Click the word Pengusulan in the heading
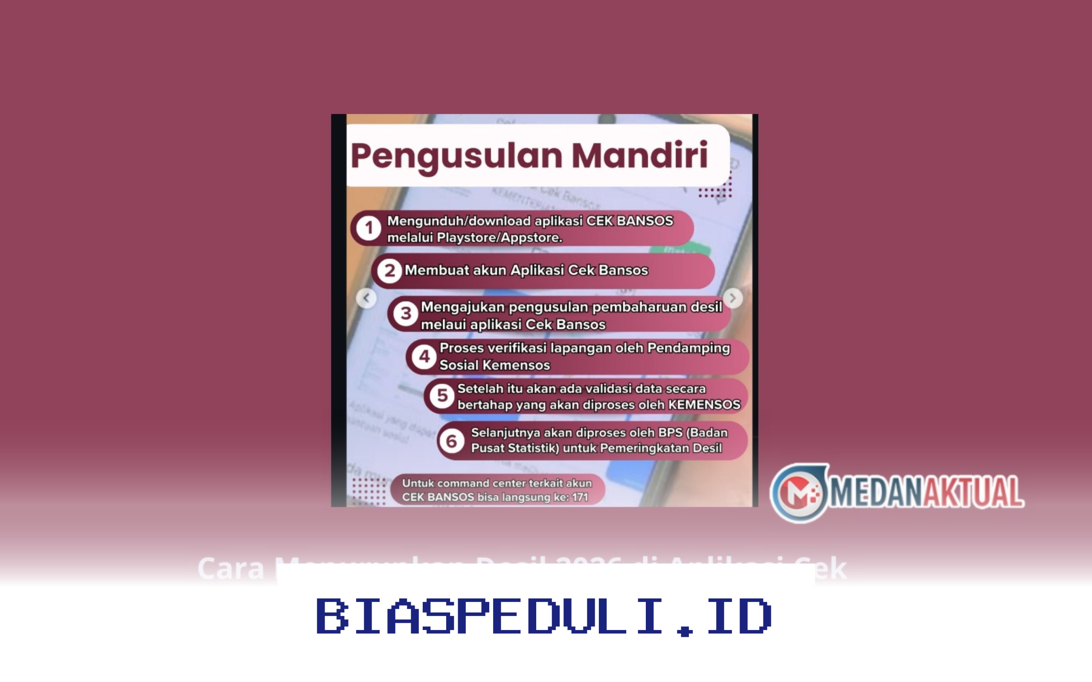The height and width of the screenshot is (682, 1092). click(456, 156)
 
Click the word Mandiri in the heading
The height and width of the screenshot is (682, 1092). click(639, 155)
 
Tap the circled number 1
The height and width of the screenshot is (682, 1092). click(368, 228)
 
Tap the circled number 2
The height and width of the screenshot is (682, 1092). click(389, 271)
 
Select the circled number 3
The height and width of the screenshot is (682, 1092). click(405, 313)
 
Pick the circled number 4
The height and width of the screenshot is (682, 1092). click(424, 357)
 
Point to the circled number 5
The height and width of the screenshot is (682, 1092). click(442, 396)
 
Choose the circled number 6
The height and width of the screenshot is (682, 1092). click(451, 441)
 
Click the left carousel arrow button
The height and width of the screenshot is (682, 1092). click(366, 298)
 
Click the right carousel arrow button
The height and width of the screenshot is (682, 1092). click(733, 298)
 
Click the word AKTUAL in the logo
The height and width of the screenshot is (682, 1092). click(973, 492)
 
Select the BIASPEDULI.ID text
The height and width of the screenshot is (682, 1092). click(544, 616)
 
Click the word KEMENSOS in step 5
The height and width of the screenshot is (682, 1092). click(704, 405)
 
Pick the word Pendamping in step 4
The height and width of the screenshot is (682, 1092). click(688, 348)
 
